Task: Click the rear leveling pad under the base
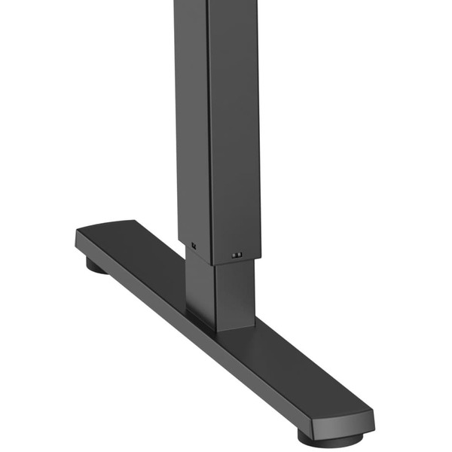(96, 265)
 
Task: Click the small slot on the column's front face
(237, 255)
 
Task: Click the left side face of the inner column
(200, 290)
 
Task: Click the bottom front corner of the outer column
(212, 264)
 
